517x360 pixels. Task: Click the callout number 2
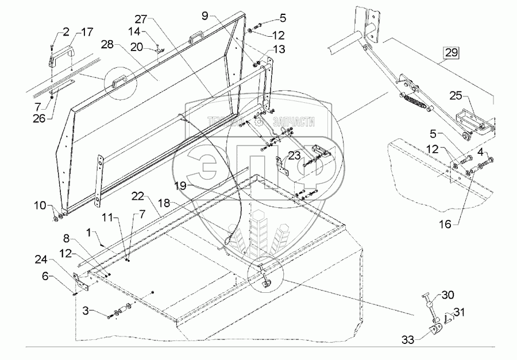coord(66,31)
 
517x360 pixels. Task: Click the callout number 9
coord(205,16)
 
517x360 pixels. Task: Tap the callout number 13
coord(279,51)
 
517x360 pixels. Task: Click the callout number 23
coord(295,155)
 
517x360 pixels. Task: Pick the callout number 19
coord(180,186)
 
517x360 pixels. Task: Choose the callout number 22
coord(137,196)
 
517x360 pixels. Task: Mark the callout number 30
coord(447,296)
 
